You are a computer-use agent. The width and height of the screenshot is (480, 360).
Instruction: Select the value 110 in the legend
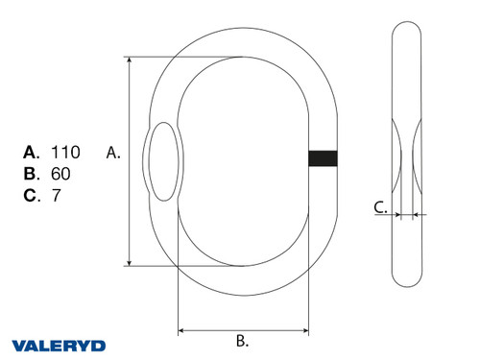coord(65,152)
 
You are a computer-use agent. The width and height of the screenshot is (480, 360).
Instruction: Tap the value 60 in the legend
coord(60,174)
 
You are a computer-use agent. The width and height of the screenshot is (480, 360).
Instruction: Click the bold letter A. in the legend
coord(32,152)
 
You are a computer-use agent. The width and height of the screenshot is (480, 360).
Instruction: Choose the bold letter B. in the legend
coord(32,174)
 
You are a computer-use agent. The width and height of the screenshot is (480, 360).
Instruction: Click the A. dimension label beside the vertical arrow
coord(112,152)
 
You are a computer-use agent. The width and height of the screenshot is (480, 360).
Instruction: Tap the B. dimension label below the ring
coord(242,340)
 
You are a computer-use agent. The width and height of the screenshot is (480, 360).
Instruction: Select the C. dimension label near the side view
coord(381,205)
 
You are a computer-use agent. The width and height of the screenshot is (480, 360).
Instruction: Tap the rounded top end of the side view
coord(407,34)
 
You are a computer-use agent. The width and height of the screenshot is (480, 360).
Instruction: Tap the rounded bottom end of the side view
coord(407,279)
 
